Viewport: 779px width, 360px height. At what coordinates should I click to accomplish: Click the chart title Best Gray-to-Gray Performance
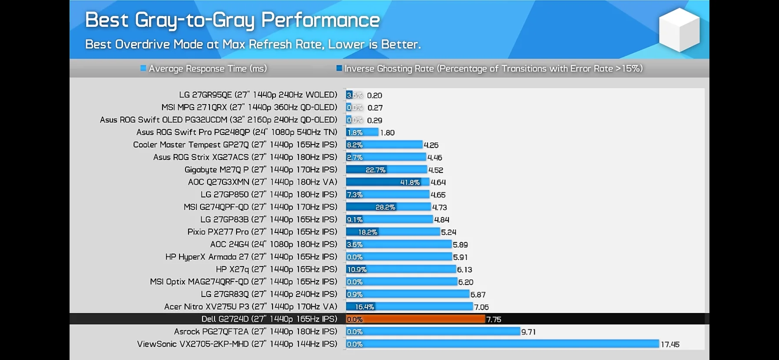232,20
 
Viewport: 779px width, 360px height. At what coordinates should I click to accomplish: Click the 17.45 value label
670,344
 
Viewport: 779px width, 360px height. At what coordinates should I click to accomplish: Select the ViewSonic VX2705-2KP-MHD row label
237,344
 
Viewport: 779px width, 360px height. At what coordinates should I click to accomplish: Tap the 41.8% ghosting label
410,182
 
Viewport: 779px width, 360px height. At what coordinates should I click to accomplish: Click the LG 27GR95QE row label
258,95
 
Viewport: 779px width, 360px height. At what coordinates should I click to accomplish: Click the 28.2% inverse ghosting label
385,207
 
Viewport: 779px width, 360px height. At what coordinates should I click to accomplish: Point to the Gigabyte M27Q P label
260,170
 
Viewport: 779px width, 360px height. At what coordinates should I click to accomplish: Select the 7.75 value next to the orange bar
494,320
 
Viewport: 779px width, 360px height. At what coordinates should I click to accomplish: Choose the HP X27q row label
276,269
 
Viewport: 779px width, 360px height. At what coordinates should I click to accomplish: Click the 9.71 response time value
528,332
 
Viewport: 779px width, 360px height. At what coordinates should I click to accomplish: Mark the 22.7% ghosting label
375,170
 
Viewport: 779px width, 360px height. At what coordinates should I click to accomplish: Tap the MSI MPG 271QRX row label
249,107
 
